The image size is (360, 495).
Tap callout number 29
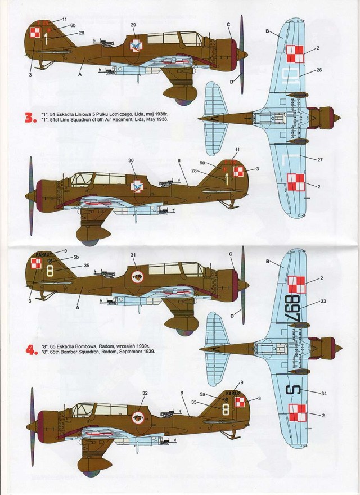coord(133,25)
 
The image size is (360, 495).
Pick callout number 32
coord(145,393)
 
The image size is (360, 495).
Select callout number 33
coord(323,301)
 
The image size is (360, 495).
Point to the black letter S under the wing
coord(296,390)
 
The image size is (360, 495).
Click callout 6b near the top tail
coord(73,26)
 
